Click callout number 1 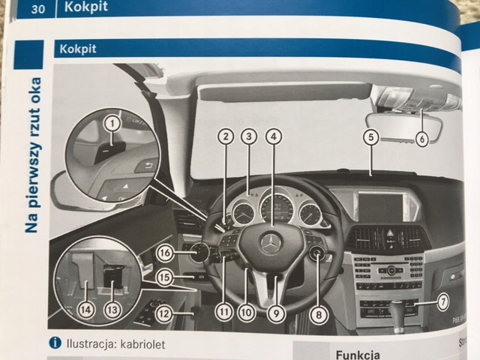[x=112, y=122]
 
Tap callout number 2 [x=224, y=136]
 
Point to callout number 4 [x=275, y=136]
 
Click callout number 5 [x=370, y=137]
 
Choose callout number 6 [x=421, y=138]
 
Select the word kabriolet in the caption [x=139, y=344]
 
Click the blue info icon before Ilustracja [x=55, y=343]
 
